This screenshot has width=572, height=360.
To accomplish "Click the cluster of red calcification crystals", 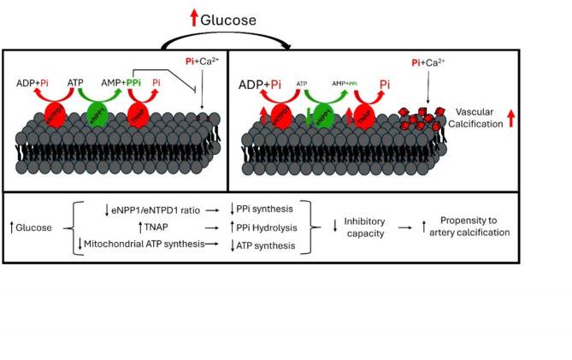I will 423,119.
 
